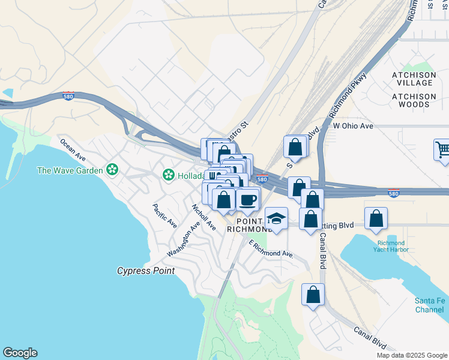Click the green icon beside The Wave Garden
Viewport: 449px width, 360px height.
click(112, 170)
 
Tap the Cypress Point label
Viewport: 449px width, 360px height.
click(146, 271)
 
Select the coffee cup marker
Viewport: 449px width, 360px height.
click(247, 200)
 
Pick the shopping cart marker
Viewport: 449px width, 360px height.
click(442, 150)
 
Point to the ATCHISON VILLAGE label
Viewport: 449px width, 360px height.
click(414, 78)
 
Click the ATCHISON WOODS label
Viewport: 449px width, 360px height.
click(414, 100)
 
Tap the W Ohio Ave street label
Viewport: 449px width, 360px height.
click(353, 126)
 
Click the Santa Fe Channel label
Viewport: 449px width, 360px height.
click(430, 305)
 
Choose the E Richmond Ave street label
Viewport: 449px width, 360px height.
click(271, 249)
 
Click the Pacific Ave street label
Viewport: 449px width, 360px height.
click(164, 216)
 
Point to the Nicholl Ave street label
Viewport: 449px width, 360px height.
click(203, 217)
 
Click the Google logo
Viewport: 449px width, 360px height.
click(20, 353)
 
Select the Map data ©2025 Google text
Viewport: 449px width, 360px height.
click(412, 355)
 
